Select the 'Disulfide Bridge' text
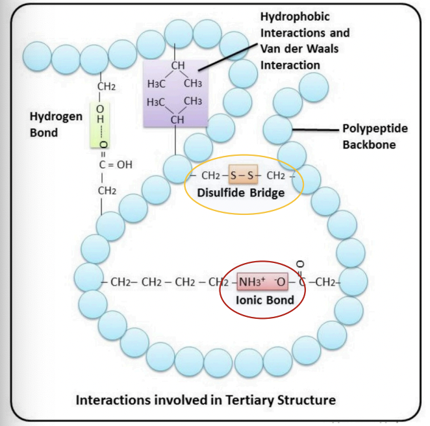(x=244, y=193)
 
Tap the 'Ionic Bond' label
(x=265, y=300)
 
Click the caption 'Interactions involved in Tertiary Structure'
(x=206, y=399)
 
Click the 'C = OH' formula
(x=116, y=165)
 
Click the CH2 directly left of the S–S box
(x=212, y=175)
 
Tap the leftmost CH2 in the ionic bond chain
(x=121, y=282)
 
